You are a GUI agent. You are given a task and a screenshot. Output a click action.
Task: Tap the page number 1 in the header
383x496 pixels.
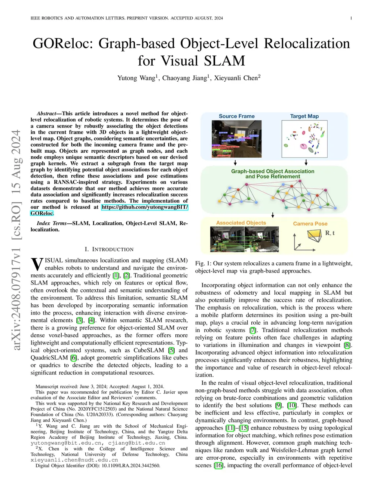[x=351, y=18]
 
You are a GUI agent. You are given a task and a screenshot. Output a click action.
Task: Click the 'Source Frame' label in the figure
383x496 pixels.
[x=236, y=116]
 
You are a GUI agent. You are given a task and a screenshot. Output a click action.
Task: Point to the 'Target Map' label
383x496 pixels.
[x=304, y=116]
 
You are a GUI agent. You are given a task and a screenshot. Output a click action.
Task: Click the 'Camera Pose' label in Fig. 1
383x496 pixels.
[x=310, y=223]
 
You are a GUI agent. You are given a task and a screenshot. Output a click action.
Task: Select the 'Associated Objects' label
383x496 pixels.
[x=241, y=223]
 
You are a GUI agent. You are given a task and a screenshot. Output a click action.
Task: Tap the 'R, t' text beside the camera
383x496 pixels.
[x=330, y=233]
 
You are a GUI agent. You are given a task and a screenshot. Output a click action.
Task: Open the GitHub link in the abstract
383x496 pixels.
[x=145, y=207]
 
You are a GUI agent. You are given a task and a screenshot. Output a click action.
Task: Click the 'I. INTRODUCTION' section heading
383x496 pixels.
[x=109, y=249]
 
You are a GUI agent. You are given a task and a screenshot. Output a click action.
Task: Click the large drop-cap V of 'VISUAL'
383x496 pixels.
[x=37, y=264]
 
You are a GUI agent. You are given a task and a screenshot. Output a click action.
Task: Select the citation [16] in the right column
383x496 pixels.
[x=218, y=465]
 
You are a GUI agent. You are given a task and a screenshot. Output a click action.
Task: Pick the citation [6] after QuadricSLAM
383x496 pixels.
[x=74, y=357]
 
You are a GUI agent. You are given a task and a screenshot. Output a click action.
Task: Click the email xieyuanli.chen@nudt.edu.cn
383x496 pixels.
[x=74, y=460]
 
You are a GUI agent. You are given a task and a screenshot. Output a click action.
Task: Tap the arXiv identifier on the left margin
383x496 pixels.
[x=16, y=240]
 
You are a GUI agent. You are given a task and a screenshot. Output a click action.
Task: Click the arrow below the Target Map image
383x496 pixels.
[x=306, y=162]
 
